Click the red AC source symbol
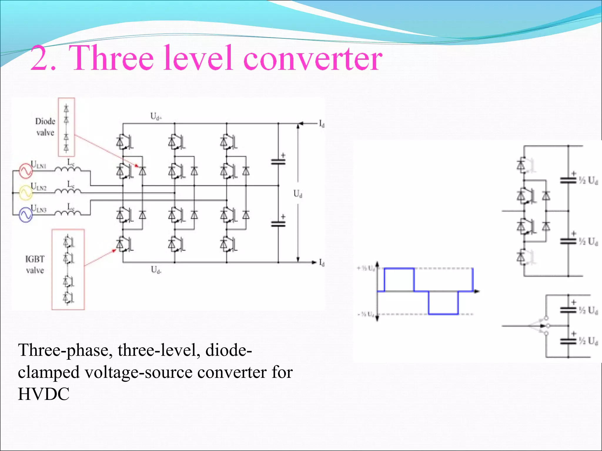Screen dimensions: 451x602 (26, 171)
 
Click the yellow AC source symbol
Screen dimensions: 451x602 (26, 193)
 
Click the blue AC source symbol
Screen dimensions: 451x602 (26, 215)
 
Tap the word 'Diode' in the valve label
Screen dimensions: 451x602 (45, 121)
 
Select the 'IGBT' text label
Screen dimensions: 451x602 (35, 259)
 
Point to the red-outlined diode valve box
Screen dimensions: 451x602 (66, 127)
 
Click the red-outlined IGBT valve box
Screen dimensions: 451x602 (68, 270)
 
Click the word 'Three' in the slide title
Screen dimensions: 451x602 (113, 58)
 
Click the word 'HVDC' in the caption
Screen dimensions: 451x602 (44, 394)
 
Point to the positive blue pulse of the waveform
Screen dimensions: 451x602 (399, 279)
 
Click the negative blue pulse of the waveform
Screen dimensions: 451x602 (443, 303)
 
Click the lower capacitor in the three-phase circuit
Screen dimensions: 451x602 (278, 224)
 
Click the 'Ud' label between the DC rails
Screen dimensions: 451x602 (298, 193)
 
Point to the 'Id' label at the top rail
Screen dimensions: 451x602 (322, 124)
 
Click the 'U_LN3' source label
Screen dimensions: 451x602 (39, 208)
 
